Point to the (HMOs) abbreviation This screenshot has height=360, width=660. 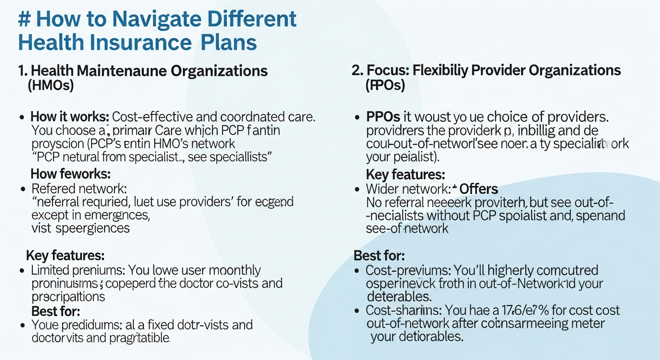(51, 86)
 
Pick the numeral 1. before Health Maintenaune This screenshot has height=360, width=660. (22, 71)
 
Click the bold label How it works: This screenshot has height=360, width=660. (70, 117)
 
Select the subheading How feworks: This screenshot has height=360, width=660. (70, 174)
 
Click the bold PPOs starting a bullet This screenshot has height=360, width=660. (382, 117)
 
